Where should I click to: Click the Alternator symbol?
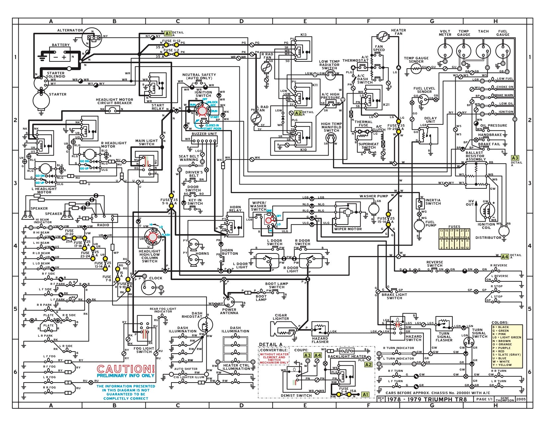point(93,37)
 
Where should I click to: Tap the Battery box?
point(60,55)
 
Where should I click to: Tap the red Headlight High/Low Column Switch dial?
point(152,237)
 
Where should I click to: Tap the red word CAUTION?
point(126,369)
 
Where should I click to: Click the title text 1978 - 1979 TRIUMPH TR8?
point(427,399)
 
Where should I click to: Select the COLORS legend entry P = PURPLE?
point(502,348)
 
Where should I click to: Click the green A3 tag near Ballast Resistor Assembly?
point(515,158)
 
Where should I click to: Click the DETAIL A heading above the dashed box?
point(271,344)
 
